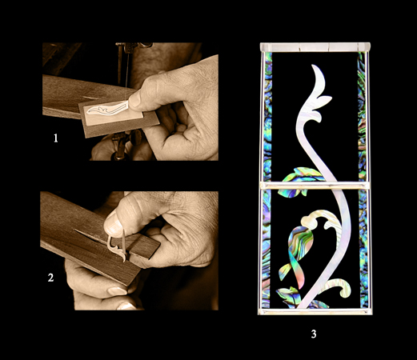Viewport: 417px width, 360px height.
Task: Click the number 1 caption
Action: click(56, 138)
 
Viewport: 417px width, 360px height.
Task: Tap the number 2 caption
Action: click(50, 278)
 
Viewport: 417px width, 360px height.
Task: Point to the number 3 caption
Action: click(314, 334)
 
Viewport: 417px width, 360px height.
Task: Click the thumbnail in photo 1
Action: click(134, 100)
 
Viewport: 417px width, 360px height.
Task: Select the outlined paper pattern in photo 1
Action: click(107, 109)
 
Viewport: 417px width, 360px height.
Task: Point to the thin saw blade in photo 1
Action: click(127, 72)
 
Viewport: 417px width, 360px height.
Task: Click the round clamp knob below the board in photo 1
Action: click(136, 138)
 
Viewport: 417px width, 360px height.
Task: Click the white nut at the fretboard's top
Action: click(315, 47)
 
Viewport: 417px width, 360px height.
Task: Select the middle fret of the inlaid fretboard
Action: click(315, 186)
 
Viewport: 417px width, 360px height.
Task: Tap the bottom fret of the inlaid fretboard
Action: click(315, 311)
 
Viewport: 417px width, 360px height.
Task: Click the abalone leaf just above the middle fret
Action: click(303, 174)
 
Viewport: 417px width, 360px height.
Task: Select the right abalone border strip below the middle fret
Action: click(363, 249)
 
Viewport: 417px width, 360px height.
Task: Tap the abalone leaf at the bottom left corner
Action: click(287, 297)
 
